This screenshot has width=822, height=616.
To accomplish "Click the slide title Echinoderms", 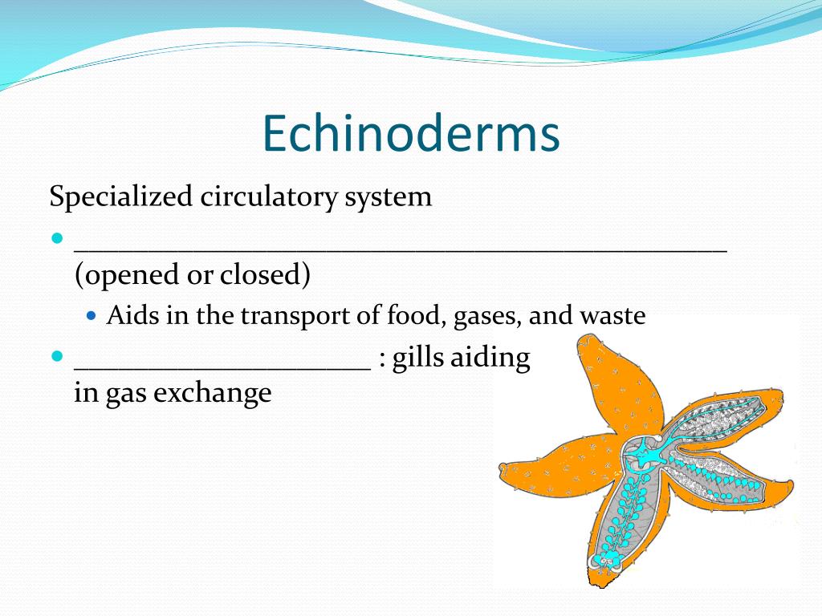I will (x=410, y=133).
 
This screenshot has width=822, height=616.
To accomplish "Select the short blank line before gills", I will (x=222, y=367).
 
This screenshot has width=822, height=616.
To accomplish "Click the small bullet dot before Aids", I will (x=91, y=316).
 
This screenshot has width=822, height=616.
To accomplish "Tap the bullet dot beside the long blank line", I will (x=57, y=238).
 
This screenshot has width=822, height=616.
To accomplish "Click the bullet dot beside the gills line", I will (x=57, y=355).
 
